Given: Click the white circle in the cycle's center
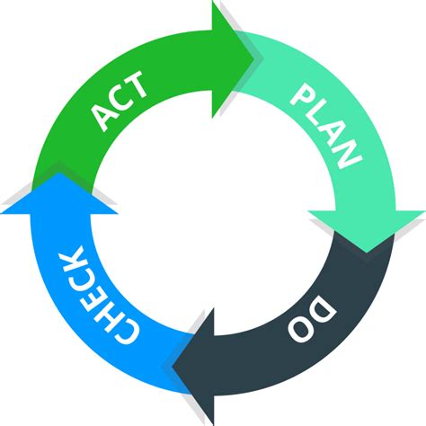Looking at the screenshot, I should (x=213, y=213).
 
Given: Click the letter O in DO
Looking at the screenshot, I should (x=300, y=329).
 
